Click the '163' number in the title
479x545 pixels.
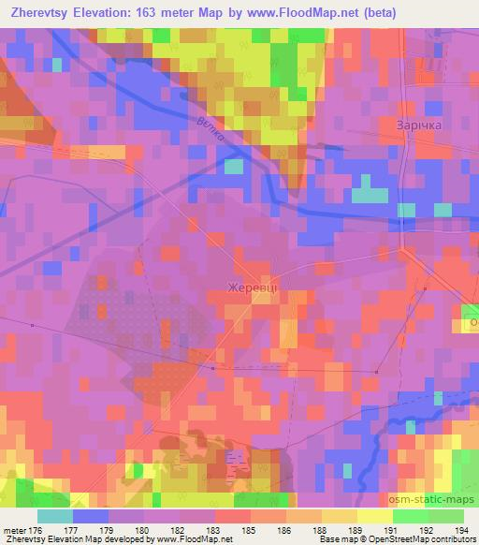(151, 13)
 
